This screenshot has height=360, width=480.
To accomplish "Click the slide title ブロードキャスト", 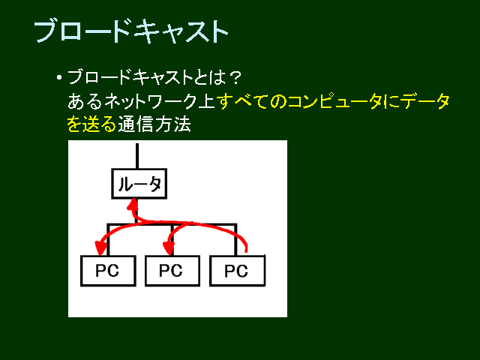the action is (x=131, y=31).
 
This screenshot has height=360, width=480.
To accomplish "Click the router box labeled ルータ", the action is (x=139, y=184).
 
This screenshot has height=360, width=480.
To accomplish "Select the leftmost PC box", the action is (x=108, y=271).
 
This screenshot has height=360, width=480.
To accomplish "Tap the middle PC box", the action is (x=172, y=271).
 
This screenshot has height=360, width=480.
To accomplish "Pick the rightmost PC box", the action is (x=237, y=271).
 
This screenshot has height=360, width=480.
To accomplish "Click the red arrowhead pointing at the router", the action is (x=133, y=204).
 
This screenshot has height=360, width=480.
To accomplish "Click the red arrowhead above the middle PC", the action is (x=169, y=248).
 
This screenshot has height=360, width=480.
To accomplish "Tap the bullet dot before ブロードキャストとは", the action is (x=59, y=77).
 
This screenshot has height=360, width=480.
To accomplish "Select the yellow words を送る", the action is (x=91, y=124).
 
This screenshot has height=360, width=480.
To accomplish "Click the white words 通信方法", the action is (x=154, y=124).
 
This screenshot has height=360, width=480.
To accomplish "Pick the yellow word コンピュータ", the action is (x=334, y=101).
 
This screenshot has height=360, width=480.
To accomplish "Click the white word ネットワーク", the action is (x=150, y=101).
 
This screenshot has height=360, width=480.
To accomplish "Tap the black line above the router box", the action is (x=137, y=156).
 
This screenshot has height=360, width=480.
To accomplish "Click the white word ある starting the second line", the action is (x=85, y=101).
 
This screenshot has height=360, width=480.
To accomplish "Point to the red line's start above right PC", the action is (x=246, y=252).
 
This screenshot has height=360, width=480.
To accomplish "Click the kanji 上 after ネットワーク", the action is (x=206, y=101).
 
